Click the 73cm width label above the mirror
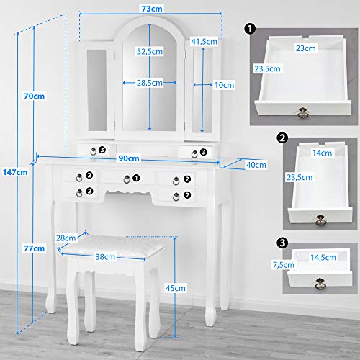click(152, 9)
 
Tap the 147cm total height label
click(15, 172)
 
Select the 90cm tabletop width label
click(129, 158)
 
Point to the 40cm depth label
click(256, 165)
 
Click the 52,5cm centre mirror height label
click(150, 51)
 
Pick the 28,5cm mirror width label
click(150, 83)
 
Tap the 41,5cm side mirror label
click(204, 41)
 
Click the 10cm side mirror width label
click(224, 85)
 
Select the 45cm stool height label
click(176, 288)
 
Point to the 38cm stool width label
click(105, 257)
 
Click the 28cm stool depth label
click(66, 238)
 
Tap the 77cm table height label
click(34, 248)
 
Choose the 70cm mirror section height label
click(34, 96)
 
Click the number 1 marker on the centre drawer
click(136, 178)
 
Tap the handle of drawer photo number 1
click(303, 113)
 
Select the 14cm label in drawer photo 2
click(322, 153)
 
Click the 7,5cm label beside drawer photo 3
click(284, 265)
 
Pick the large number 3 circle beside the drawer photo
click(282, 243)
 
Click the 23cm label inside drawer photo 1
click(305, 48)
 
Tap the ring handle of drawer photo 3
click(320, 283)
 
